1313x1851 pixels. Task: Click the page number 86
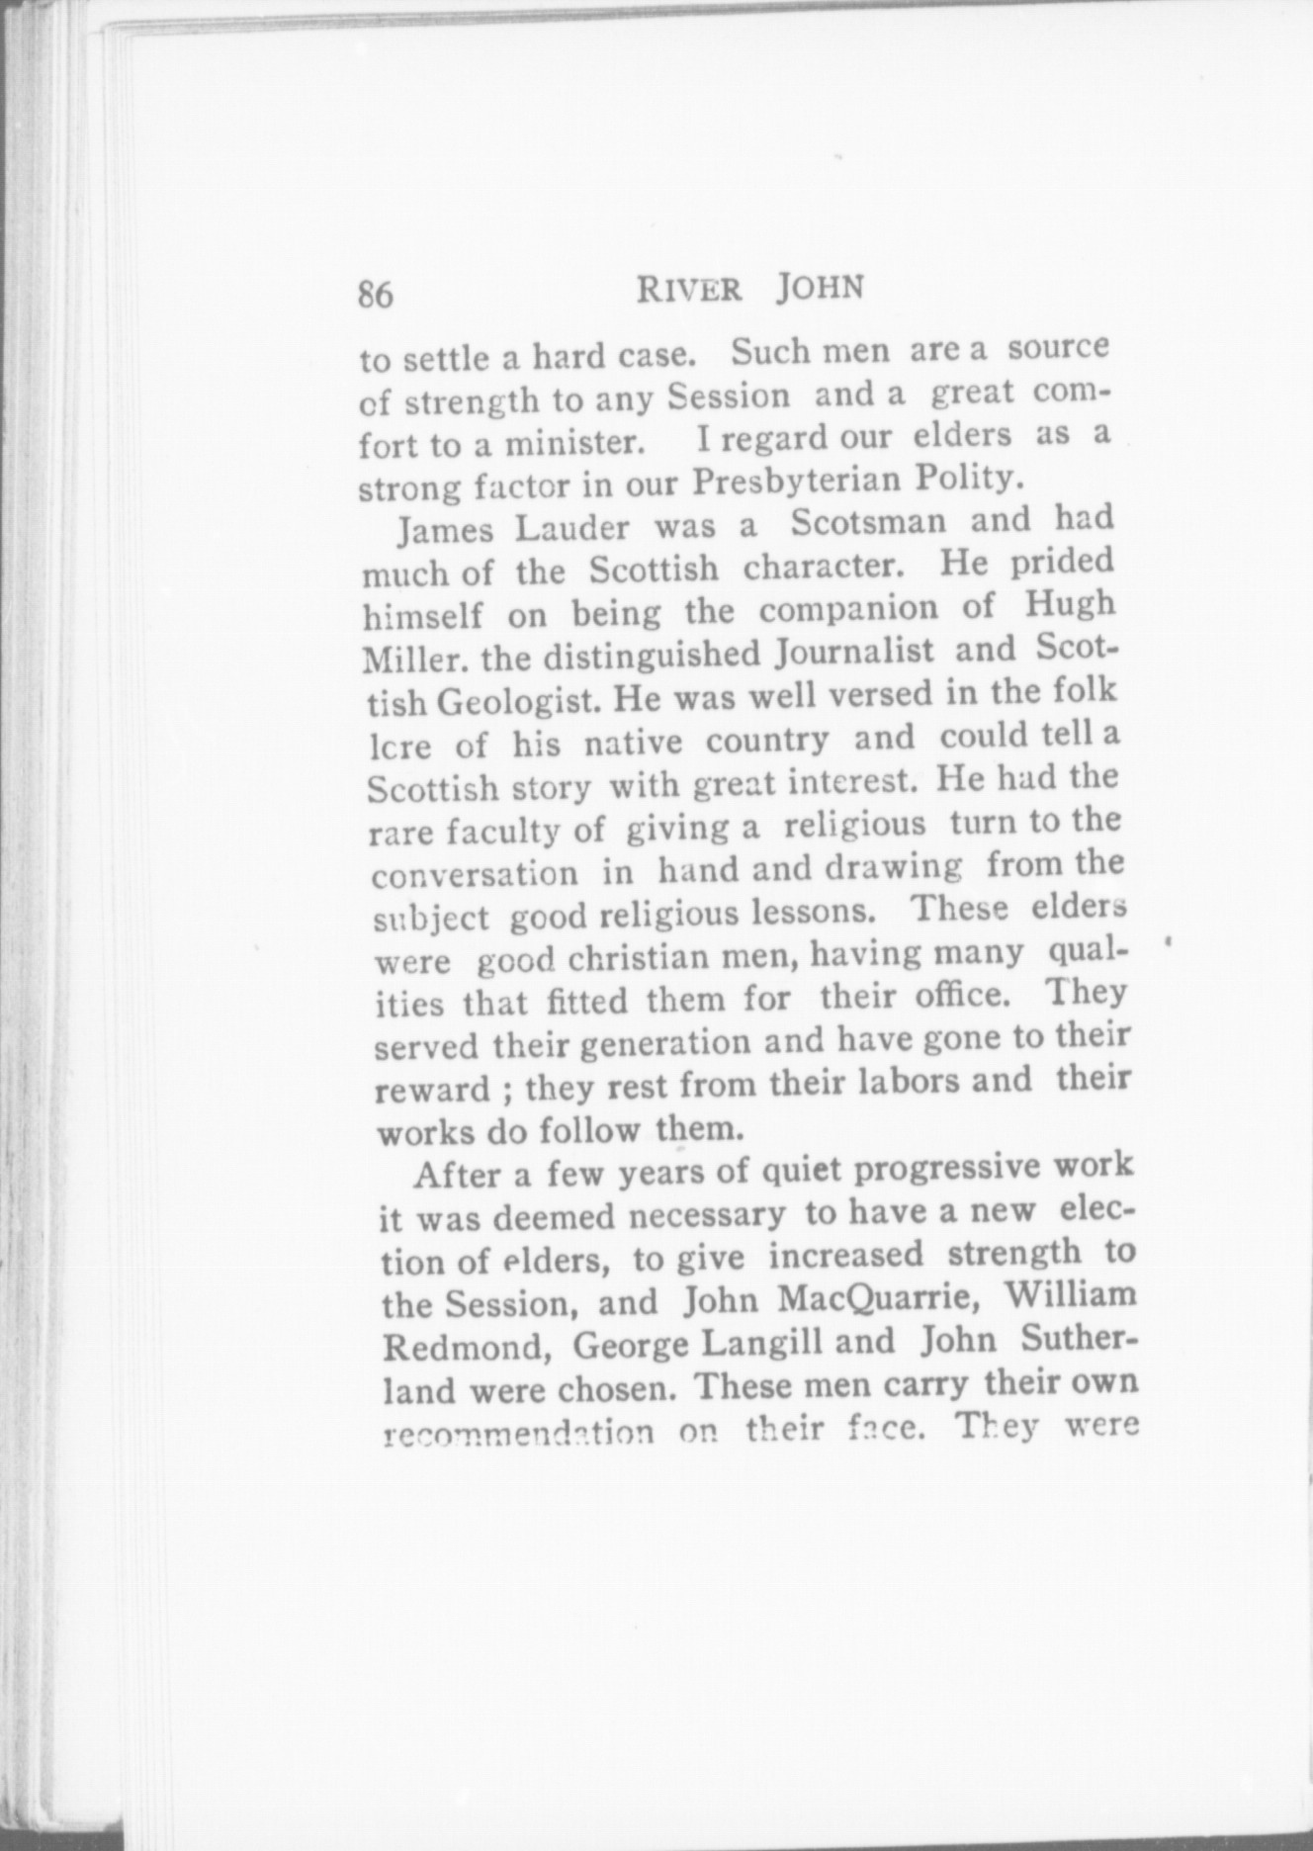[376, 295]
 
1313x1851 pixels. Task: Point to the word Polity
[967, 477]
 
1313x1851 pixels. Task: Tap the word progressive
[949, 1168]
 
